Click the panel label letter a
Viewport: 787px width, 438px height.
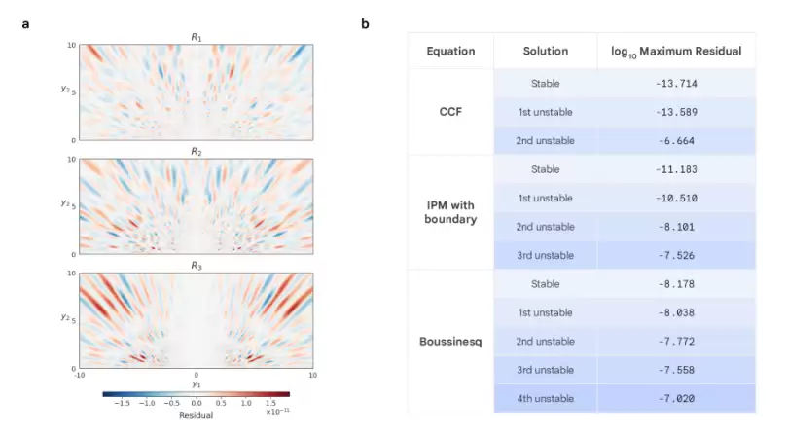tap(25, 23)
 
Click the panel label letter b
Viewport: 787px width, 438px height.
tap(365, 23)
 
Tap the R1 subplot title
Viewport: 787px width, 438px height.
tap(196, 38)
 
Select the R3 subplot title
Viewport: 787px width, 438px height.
tap(196, 266)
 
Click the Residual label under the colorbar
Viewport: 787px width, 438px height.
tap(196, 415)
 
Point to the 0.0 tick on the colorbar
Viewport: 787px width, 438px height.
tap(196, 402)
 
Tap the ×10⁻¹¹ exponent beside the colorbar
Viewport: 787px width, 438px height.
tap(277, 412)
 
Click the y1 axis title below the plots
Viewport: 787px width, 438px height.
tap(196, 384)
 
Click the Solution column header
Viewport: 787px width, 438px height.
tap(545, 51)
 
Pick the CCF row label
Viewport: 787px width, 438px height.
tap(450, 111)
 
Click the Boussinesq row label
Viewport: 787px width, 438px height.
tap(450, 341)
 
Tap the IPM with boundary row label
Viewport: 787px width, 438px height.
tap(450, 212)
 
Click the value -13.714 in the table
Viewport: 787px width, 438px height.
tap(677, 83)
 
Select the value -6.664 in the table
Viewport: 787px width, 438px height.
tap(677, 140)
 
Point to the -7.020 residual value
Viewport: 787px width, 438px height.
tap(677, 398)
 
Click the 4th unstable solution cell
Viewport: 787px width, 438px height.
tap(545, 398)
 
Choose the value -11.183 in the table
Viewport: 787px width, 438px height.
tap(677, 169)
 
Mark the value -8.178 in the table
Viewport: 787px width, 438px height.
tap(677, 284)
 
